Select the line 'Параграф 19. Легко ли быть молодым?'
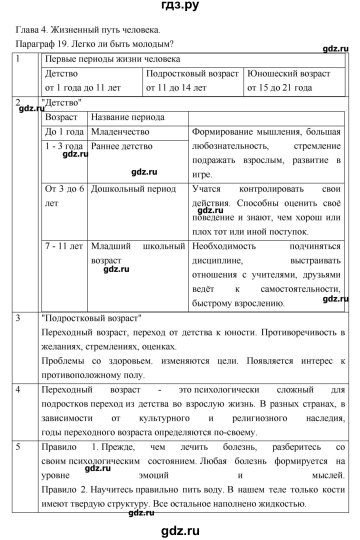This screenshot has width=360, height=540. pos(94,43)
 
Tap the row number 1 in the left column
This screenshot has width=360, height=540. pos(18,59)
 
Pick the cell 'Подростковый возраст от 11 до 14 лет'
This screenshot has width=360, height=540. pos(192,80)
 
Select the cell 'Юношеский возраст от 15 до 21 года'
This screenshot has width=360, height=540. pos(294,80)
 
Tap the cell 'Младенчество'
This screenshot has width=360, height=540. pos(120,132)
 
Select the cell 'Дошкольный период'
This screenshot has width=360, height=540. pos(133,189)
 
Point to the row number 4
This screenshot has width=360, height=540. pos(18,389)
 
